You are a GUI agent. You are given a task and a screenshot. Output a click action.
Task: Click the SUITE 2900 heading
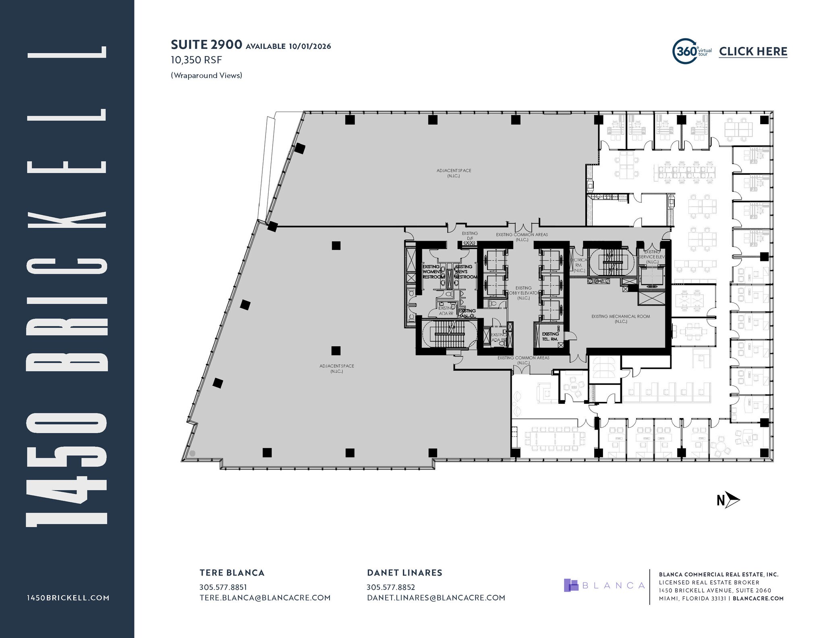(206, 44)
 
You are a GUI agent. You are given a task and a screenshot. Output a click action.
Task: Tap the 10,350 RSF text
(196, 60)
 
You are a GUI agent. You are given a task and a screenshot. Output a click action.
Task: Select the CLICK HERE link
(753, 52)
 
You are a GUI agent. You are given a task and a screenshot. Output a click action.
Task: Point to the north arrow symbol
(729, 501)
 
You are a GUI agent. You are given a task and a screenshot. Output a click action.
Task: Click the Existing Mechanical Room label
(620, 319)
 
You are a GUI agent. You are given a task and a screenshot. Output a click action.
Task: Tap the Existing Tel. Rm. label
(550, 337)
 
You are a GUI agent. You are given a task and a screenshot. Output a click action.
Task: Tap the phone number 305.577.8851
(223, 587)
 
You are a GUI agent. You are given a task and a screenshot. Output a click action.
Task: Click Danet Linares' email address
(436, 598)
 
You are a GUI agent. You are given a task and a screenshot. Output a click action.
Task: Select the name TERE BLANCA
(232, 573)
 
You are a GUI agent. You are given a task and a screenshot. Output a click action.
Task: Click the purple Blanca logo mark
(571, 585)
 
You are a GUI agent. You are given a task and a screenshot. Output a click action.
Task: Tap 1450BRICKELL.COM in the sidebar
(68, 598)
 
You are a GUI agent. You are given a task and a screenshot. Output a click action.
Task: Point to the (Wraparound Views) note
(206, 75)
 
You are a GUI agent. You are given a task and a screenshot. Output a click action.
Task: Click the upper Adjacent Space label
(454, 173)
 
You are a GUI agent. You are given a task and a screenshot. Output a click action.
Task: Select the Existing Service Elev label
(652, 257)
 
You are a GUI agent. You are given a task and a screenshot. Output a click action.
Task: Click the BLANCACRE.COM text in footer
(758, 599)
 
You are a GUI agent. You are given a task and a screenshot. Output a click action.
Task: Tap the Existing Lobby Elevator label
(523, 293)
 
